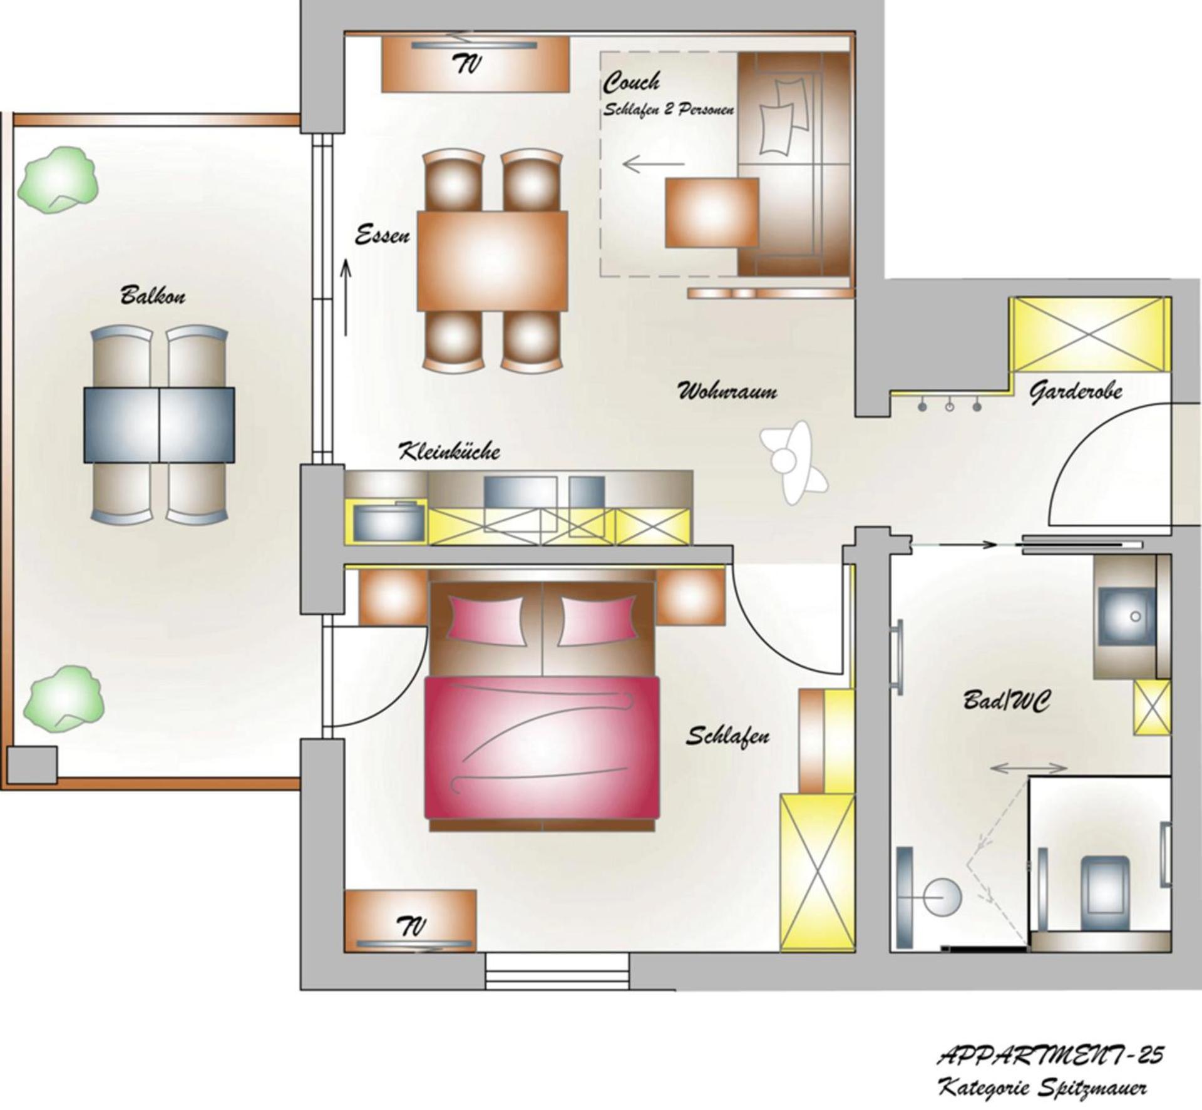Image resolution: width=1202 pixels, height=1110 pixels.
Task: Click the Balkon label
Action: pos(153,295)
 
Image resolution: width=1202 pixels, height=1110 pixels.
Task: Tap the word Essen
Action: pos(382,236)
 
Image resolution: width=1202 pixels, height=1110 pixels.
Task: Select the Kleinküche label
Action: pos(449,451)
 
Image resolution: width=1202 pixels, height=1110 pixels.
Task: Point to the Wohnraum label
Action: pos(727,392)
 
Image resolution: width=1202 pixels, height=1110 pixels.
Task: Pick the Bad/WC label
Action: pos(1006,701)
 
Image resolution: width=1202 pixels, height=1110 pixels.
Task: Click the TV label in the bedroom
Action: pos(411,925)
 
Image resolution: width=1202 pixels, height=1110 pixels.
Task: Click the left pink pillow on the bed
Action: pos(486,620)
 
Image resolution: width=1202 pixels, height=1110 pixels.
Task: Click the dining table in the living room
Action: pos(493,260)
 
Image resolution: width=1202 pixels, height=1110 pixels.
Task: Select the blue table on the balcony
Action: pos(159,425)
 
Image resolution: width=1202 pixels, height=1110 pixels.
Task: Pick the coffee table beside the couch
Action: pos(712,212)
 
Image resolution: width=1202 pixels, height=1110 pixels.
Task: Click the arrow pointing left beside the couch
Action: pos(653,165)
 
